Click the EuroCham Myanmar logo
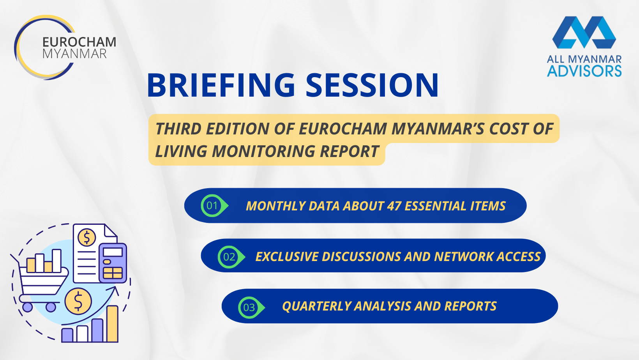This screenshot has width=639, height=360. pos(65,48)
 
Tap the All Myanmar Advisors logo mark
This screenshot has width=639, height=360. pos(584,32)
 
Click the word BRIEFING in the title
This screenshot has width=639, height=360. pos(221,85)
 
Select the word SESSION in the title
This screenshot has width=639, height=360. pos(372,85)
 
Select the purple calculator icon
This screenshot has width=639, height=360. pos(113,263)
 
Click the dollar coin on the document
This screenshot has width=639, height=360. pos(87,237)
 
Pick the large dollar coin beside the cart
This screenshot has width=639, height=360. pos(78,301)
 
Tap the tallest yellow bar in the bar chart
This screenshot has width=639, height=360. pos(112,324)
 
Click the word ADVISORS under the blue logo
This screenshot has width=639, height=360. pos(584,71)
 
